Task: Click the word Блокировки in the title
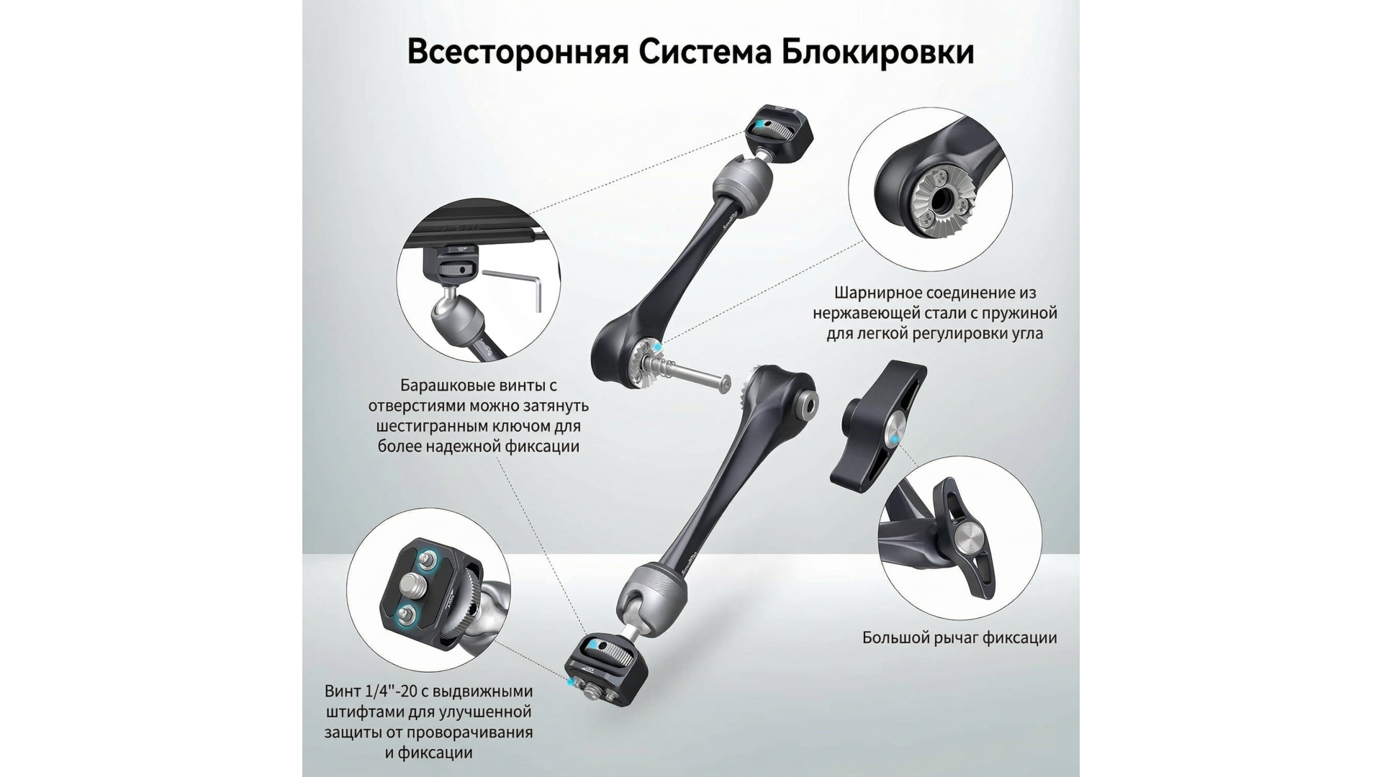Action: [x=878, y=53]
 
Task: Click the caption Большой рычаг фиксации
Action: [x=959, y=637]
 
